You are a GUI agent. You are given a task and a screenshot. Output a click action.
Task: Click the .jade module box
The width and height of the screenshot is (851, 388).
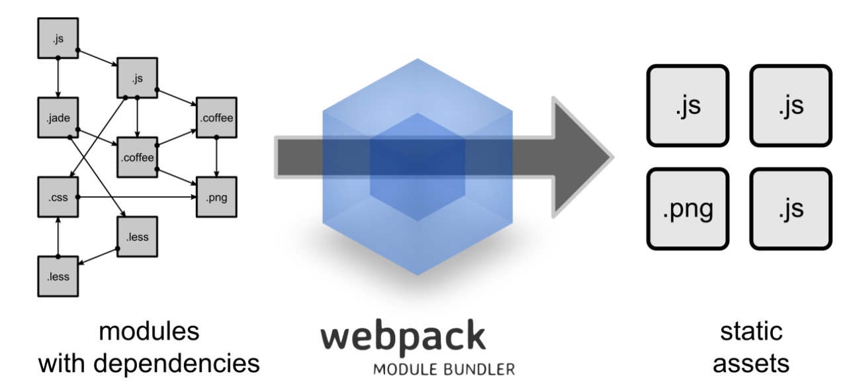58,119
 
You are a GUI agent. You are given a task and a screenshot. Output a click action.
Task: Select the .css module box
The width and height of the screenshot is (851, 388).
58,197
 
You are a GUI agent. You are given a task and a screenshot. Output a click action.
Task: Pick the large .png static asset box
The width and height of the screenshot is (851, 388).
688,209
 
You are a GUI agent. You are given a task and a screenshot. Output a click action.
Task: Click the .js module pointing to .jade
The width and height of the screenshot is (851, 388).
58,39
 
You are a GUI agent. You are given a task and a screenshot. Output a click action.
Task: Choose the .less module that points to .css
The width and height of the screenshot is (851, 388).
58,276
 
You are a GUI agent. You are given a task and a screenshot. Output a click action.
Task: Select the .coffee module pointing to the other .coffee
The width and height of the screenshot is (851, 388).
137,158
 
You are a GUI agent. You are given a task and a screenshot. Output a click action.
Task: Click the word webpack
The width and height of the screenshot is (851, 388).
404,337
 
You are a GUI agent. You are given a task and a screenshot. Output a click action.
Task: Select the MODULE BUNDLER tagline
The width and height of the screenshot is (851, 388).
443,369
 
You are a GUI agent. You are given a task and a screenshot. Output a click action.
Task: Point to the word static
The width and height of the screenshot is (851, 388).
751,331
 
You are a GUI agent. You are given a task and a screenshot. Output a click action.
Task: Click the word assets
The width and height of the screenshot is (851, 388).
751,363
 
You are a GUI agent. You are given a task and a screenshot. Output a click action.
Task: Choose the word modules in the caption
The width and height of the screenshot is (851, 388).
149,331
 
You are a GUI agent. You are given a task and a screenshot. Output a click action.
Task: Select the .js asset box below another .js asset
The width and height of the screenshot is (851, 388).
790,209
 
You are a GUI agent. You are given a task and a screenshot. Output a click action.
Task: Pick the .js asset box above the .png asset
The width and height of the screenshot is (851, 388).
688,105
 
